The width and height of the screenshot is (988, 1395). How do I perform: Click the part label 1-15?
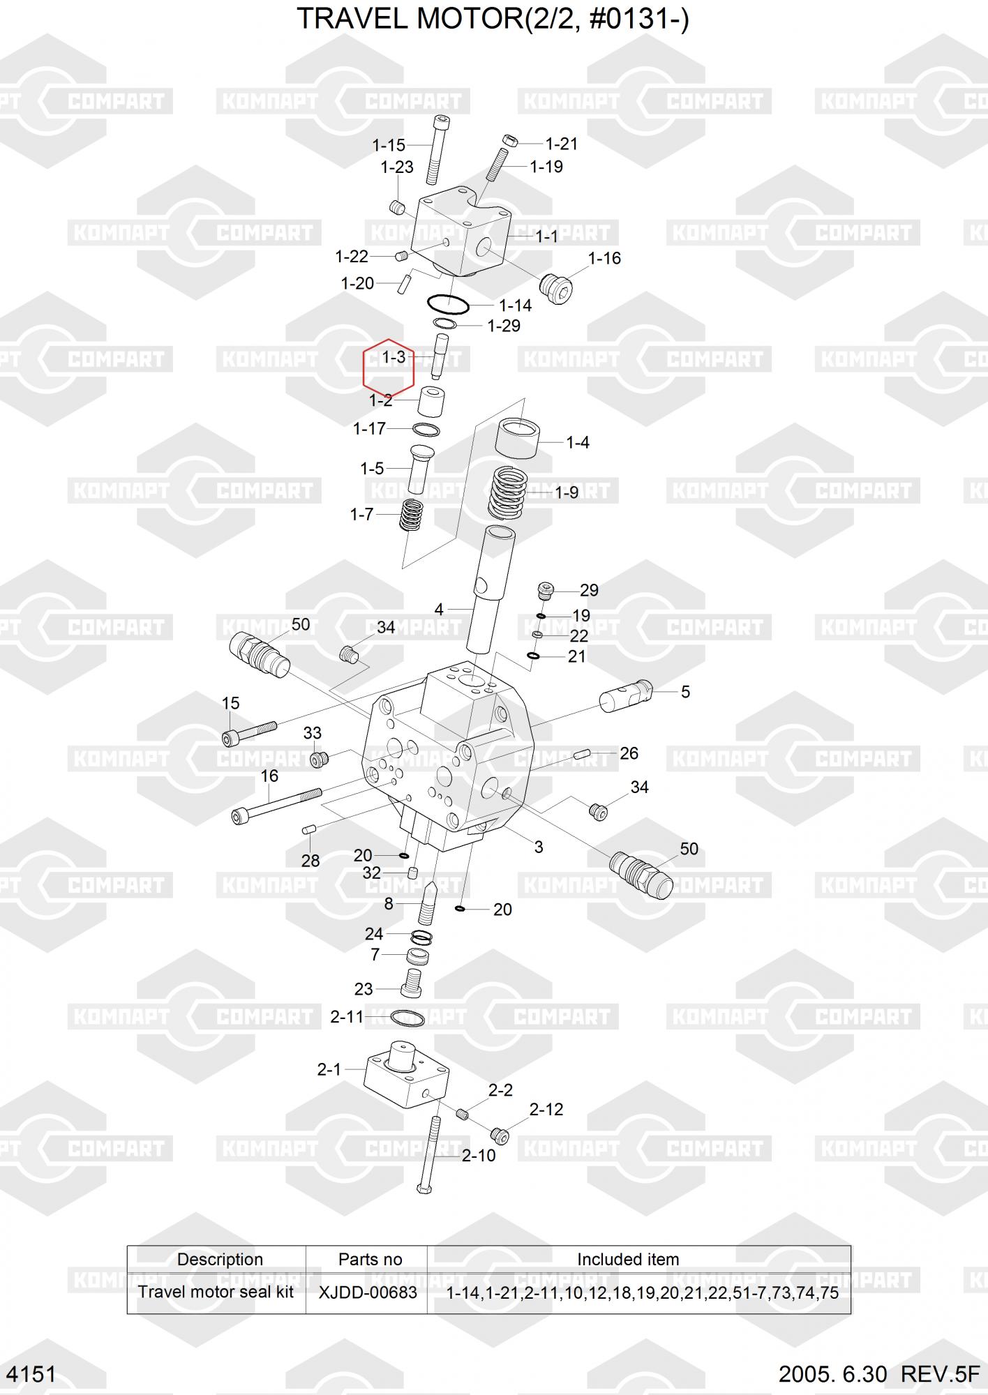point(389,145)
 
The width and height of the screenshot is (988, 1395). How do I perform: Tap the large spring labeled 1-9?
point(508,492)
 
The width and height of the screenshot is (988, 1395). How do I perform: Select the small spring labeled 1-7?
point(411,516)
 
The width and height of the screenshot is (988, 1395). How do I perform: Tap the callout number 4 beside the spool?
point(439,610)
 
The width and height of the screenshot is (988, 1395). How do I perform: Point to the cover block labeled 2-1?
point(406,1076)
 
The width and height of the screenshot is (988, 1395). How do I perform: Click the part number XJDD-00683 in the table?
point(368,1292)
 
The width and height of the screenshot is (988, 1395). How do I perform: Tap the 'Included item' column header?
point(628,1259)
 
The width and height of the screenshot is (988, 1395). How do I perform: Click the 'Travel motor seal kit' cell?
point(216,1292)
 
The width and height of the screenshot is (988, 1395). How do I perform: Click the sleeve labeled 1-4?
point(517,438)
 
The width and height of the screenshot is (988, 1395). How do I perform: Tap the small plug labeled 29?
point(546,591)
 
